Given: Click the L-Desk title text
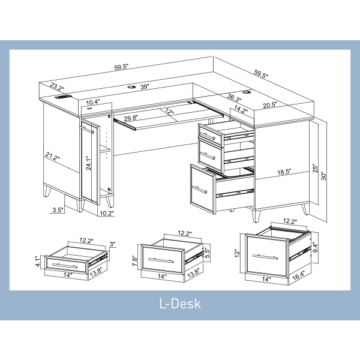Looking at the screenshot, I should [179, 303].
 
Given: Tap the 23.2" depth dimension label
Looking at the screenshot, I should [58, 86].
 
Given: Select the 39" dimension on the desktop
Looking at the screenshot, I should [144, 87].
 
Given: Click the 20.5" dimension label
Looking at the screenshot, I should [269, 105].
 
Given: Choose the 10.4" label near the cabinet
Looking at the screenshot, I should [93, 103].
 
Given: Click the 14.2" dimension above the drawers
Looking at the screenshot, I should [241, 109].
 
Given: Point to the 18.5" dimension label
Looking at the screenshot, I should [284, 172].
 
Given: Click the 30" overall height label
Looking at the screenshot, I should [325, 176].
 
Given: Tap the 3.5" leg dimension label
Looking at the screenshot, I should [58, 210].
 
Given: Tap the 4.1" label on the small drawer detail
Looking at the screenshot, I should [37, 262].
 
